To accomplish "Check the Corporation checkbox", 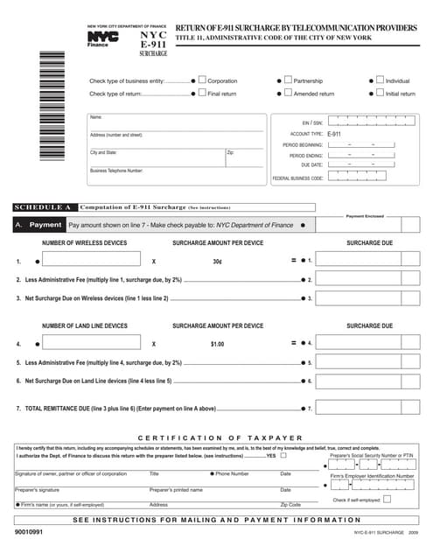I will click(x=203, y=80).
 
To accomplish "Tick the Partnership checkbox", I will click(x=287, y=80).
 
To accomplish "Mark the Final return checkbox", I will click(x=203, y=93).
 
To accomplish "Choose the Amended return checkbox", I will click(x=287, y=93).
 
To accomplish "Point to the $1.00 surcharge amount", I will click(x=217, y=344).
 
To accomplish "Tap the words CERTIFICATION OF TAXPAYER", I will click(x=219, y=437).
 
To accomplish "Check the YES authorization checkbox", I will click(x=283, y=456).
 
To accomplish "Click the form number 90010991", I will click(x=31, y=530).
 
